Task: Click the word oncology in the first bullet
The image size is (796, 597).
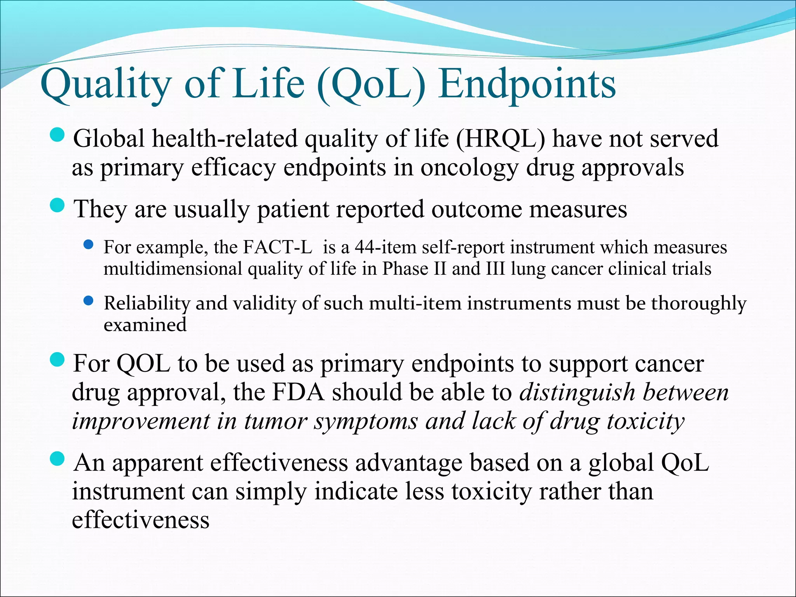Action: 469,168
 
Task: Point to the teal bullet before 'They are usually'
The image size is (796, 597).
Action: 58,205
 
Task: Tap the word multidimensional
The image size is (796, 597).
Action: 173,269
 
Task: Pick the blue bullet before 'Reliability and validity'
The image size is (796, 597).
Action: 89,300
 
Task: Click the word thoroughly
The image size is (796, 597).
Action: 698,304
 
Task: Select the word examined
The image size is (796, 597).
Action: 145,325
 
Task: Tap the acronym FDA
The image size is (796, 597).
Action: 298,392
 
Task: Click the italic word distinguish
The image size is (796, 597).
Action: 577,392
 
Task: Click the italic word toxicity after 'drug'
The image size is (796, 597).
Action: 646,421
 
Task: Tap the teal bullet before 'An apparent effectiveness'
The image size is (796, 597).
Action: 58,459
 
